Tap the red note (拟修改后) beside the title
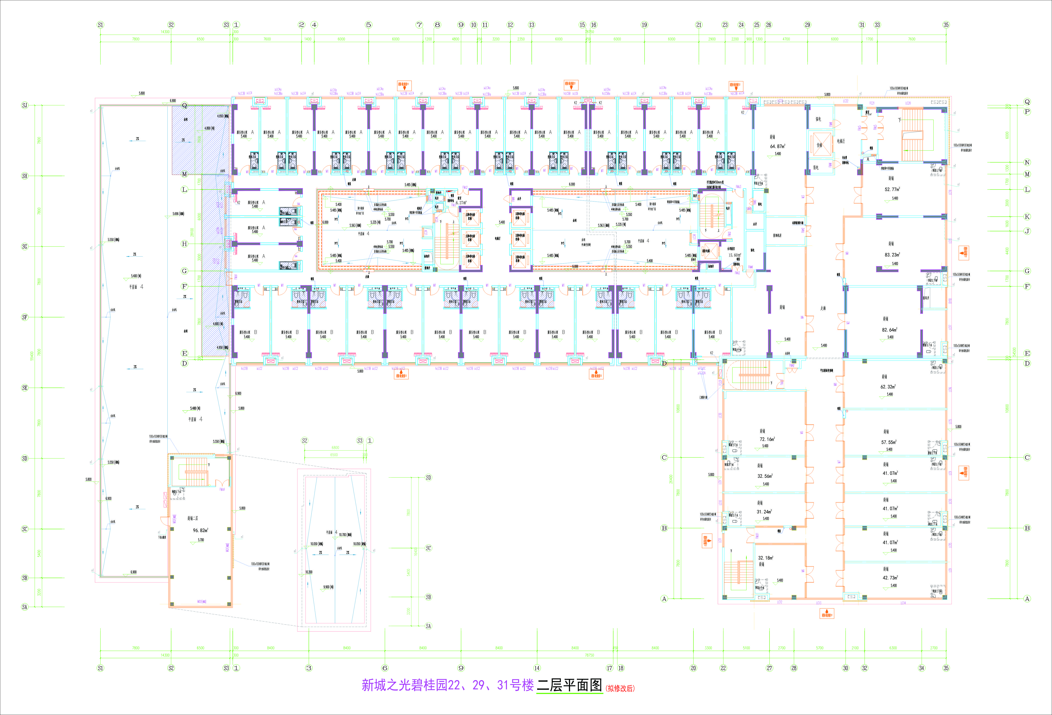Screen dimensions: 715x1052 pyautogui.click(x=620, y=688)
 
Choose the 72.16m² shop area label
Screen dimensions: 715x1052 pyautogui.click(x=767, y=439)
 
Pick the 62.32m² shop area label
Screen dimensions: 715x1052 pyautogui.click(x=888, y=387)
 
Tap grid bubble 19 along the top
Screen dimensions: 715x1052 pyautogui.click(x=644, y=25)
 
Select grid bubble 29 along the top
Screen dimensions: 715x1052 pyautogui.click(x=808, y=25)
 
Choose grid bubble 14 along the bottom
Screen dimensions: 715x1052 pyautogui.click(x=537, y=668)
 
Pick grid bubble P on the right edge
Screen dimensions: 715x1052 pyautogui.click(x=1027, y=112)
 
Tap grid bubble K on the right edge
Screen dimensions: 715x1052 pyautogui.click(x=1027, y=217)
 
